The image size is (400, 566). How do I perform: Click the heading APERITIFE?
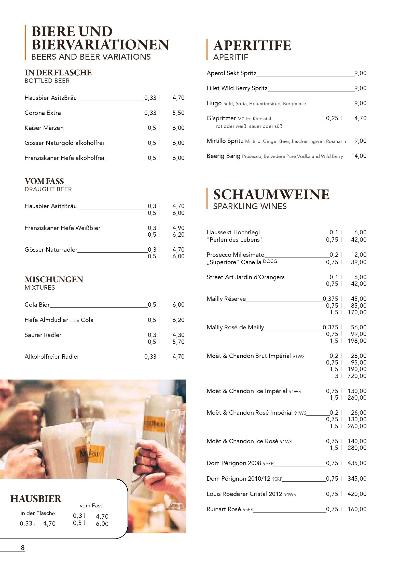252,46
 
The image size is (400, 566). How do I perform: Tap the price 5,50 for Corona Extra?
178,113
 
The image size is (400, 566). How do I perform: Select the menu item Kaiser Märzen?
44,128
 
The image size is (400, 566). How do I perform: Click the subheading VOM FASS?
44,181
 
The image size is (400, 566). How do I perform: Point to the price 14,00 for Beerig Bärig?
359,156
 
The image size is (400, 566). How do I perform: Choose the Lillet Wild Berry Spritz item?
237,88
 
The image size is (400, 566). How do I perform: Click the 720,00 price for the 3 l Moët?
357,376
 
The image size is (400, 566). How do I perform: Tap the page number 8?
23,547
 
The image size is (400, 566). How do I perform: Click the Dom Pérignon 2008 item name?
234,463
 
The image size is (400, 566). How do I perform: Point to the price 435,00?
357,463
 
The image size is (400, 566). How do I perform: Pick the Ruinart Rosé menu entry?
224,509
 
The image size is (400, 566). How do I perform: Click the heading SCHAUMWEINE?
271,194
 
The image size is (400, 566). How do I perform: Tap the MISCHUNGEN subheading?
54,279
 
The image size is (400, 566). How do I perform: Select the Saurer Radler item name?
43,335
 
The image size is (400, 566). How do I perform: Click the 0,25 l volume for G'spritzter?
334,118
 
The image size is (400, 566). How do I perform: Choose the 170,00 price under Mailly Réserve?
357,312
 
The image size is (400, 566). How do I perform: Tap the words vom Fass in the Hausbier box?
91,505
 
